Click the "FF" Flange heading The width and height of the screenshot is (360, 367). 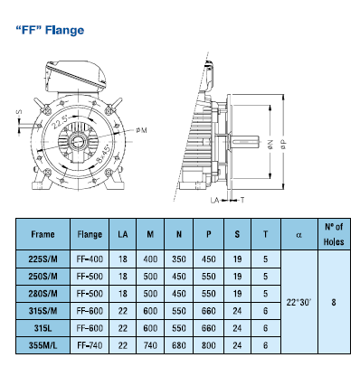50,30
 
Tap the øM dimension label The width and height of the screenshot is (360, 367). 141,130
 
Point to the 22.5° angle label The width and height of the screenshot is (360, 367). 61,121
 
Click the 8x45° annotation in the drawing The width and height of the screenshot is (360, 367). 104,155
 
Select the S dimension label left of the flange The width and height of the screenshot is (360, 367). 19,112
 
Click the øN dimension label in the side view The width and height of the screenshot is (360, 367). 270,145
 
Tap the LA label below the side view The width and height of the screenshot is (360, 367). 214,200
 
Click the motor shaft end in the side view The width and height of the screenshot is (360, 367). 244,142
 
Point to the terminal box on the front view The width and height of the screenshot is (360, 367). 75,75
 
